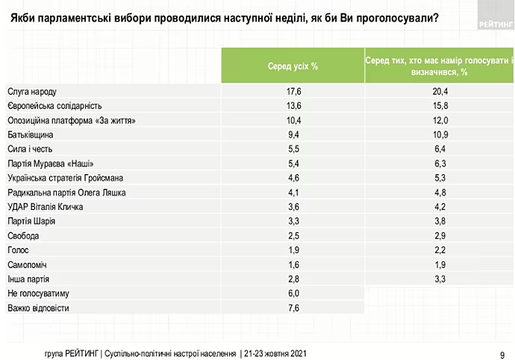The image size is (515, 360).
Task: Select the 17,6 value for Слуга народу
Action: click(293, 92)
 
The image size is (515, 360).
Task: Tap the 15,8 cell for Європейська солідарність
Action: click(439, 106)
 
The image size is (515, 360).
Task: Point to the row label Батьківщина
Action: click(31, 135)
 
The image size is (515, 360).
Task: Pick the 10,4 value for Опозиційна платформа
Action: click(293, 120)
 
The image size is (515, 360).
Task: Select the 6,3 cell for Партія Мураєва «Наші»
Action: click(439, 164)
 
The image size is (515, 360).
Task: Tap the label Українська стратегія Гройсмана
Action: click(64, 178)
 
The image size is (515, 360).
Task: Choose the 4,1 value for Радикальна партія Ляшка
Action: click(293, 193)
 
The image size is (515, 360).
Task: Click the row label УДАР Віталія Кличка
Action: click(45, 207)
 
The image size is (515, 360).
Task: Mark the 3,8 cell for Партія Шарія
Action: click(439, 221)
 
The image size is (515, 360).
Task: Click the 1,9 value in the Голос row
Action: click(293, 249)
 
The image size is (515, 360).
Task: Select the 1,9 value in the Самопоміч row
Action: click(439, 264)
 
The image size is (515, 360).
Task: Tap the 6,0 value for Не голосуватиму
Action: click(293, 293)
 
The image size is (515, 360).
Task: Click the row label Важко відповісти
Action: click(38, 307)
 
